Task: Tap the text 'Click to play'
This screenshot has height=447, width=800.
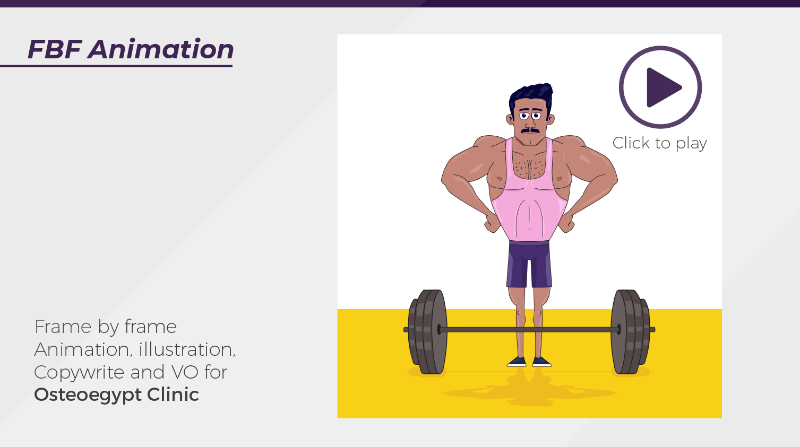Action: pos(660,143)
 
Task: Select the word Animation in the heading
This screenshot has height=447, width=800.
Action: pos(161,49)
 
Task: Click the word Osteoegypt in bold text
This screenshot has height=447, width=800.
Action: pos(88,395)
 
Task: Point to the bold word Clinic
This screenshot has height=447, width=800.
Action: pos(173,394)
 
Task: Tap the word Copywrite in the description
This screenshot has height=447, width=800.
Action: pos(79,372)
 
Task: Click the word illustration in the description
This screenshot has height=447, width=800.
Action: pos(187,349)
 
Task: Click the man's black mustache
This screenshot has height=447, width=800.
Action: pos(530,130)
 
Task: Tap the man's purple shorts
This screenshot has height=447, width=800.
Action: pos(529,265)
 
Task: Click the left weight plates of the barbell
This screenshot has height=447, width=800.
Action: pos(428,332)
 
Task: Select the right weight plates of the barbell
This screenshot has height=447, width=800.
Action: pos(631,332)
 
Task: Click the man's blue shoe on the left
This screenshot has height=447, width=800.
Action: pos(517,362)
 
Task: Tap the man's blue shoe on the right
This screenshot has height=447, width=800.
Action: pos(542,362)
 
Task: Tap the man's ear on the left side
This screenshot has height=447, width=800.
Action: pos(510,119)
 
